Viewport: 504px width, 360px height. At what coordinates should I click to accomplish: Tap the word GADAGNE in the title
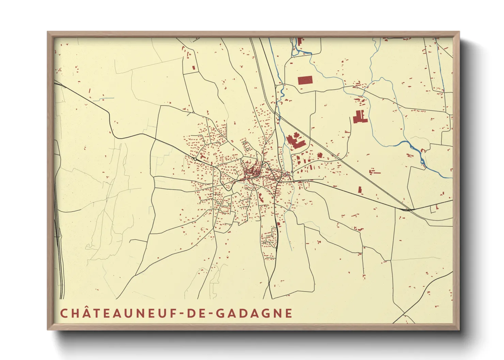click(x=254, y=313)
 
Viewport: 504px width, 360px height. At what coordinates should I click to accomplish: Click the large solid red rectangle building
click(x=305, y=80)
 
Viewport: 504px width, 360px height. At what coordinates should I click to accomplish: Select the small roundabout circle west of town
click(x=195, y=159)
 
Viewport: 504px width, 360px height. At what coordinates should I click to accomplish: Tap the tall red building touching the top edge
click(x=300, y=41)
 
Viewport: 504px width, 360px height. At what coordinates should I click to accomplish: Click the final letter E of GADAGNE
click(x=289, y=313)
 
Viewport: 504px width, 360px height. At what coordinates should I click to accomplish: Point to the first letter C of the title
click(x=63, y=313)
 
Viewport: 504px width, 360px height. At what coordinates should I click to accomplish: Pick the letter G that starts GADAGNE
click(x=220, y=313)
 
